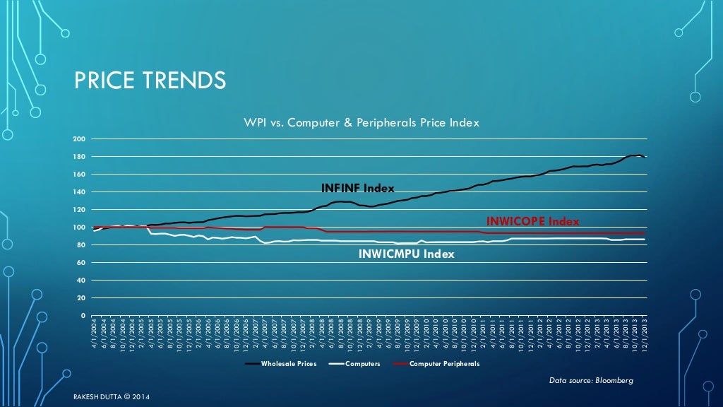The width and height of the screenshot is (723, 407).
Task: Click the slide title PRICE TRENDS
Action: tap(150, 81)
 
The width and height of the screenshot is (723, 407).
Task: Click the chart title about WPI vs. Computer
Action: tap(361, 122)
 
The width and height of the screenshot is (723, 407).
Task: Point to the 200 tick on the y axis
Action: tap(82, 139)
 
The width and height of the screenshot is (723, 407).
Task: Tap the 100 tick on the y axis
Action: tap(82, 228)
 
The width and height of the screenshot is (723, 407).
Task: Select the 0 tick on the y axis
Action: tap(84, 316)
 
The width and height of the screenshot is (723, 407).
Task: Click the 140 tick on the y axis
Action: tap(82, 192)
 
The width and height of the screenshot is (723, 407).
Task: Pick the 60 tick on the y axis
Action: tap(83, 263)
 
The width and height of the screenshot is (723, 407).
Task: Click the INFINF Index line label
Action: tap(357, 188)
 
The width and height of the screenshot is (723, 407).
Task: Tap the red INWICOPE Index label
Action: tap(533, 221)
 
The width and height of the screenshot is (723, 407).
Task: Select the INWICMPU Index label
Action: tap(407, 254)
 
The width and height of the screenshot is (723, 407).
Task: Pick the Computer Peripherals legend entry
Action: tap(444, 364)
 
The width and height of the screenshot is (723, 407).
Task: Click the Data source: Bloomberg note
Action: tap(591, 381)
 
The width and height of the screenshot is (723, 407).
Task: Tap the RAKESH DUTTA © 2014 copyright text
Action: tap(112, 397)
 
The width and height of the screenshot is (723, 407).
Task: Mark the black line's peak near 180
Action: tap(638, 155)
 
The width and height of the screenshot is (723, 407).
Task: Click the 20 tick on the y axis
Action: tap(83, 298)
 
